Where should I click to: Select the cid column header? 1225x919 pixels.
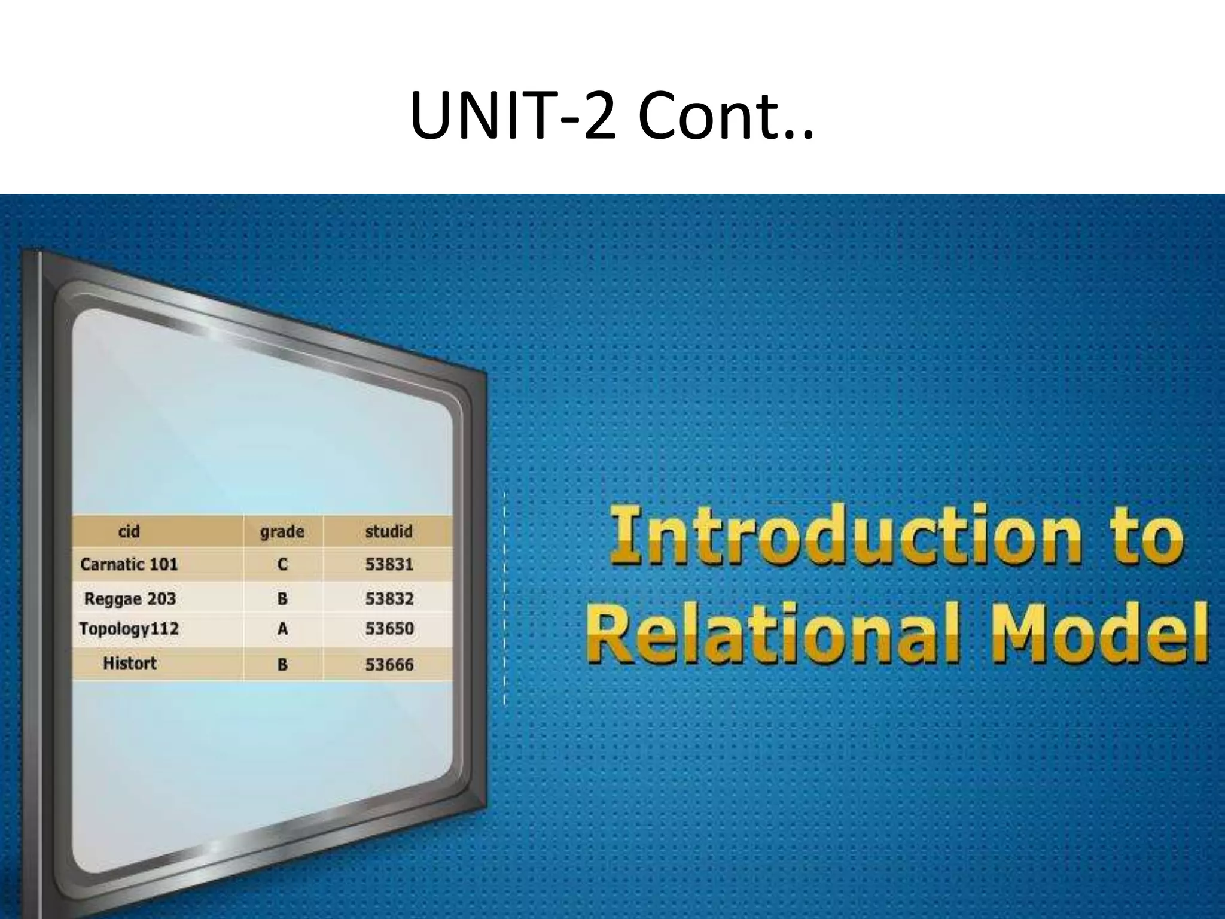[x=129, y=531]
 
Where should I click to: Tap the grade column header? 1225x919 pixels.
[x=282, y=531]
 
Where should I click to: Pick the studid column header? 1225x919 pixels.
[x=389, y=531]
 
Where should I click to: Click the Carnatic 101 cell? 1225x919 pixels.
[x=129, y=564]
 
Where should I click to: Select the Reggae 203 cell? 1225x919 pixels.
[x=130, y=598]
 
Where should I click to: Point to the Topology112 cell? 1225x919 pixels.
[x=129, y=629]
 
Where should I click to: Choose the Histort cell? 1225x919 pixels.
[x=130, y=663]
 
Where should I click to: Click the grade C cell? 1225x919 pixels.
[x=282, y=564]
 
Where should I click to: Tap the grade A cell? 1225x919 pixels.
[x=282, y=629]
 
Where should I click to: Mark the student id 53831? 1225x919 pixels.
[x=389, y=564]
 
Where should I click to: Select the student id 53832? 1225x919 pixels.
[x=389, y=598]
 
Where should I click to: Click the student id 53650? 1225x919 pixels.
[x=389, y=629]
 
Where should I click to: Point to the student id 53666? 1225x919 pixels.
[x=389, y=664]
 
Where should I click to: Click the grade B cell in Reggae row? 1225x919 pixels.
[x=282, y=598]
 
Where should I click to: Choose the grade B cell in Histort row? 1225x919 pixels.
[x=282, y=664]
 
